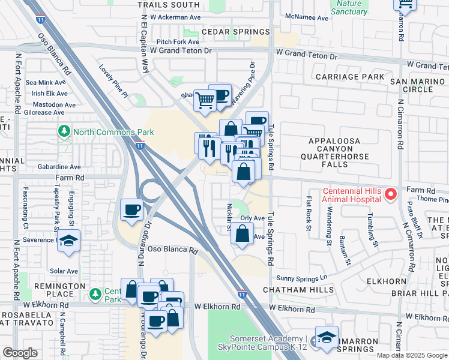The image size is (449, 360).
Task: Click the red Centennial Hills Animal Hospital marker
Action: pos(390,194)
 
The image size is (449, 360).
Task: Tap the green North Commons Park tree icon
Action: pos(64,131)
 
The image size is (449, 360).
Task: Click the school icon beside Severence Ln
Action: pos(69,241)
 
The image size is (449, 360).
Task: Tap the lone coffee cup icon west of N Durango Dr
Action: pos(132,210)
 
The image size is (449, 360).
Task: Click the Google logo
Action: pos(20,353)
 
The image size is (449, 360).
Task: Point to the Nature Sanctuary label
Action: pos(349,7)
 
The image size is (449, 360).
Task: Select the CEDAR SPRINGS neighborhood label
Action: pos(236,32)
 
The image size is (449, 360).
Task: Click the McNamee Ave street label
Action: pos(307,18)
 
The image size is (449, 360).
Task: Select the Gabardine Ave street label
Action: pos(59,167)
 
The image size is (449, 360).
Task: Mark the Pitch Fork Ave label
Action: pos(178,41)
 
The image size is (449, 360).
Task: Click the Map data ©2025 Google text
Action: pos(412,355)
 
